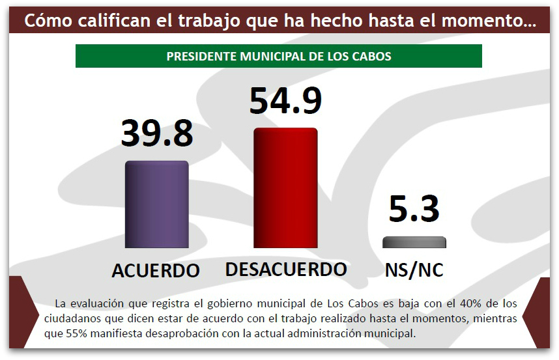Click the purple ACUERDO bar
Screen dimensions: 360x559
click(x=156, y=204)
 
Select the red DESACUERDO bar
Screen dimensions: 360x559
click(x=285, y=188)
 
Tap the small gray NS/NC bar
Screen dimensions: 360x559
click(x=414, y=242)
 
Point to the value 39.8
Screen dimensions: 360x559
click(x=156, y=133)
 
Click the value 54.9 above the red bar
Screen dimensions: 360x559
click(x=285, y=100)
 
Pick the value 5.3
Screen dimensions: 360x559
click(x=414, y=209)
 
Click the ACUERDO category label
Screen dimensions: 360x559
click(x=156, y=271)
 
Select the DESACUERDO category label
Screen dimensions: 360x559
click(x=286, y=269)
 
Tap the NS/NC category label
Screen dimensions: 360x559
click(x=414, y=270)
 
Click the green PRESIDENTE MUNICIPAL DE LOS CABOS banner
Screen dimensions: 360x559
click(x=279, y=56)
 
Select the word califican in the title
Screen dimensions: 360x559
click(x=98, y=21)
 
